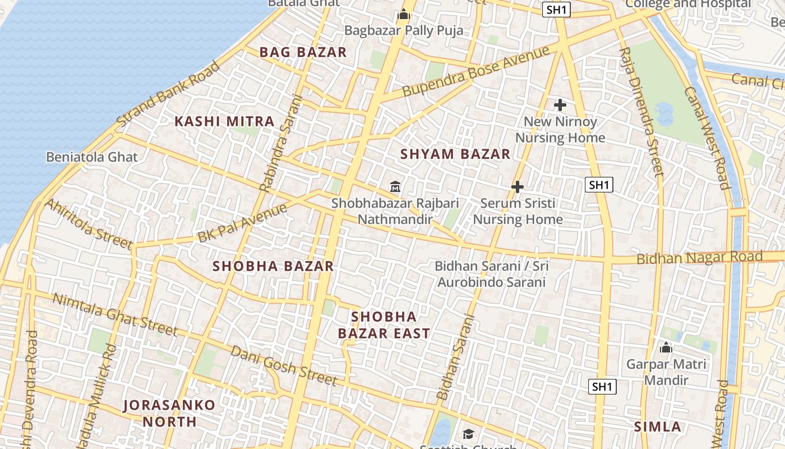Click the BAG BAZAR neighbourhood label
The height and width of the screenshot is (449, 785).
coord(303,52)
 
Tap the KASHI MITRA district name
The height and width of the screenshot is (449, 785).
coord(224,121)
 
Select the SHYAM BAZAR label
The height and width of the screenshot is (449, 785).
coord(455,154)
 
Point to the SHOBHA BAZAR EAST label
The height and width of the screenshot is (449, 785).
coord(385,325)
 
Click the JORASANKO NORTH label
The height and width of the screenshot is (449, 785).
coord(169,413)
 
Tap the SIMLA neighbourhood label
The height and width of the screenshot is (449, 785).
coord(658,427)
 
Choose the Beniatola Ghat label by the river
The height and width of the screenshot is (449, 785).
coord(92,157)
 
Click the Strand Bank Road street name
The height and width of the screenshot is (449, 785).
coord(168,93)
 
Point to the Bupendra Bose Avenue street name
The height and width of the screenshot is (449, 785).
coord(475,71)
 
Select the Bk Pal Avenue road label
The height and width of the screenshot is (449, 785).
coord(242,223)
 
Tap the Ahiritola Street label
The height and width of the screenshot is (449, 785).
coord(88,223)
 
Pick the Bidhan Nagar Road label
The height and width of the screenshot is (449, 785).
coord(699,258)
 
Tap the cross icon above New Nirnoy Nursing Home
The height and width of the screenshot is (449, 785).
coord(560,105)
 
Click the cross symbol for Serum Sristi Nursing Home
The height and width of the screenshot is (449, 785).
coord(518,187)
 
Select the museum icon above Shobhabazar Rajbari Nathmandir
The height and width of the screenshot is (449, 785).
coord(395,186)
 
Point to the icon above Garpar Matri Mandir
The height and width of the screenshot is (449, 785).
coord(666,348)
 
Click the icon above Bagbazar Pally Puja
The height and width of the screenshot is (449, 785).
coord(404,15)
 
